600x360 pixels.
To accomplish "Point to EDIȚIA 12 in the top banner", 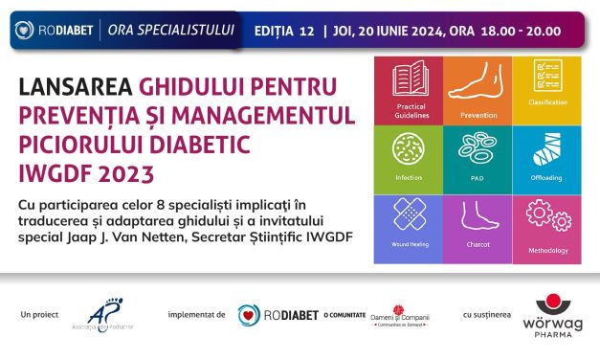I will [284, 31].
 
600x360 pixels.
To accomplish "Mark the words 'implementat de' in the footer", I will [195, 314].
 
